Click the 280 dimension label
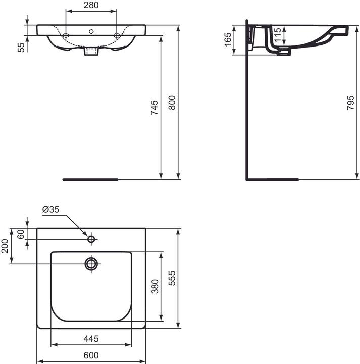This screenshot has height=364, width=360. [91, 6]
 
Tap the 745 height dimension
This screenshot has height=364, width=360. [155, 107]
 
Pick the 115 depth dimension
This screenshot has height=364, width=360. [277, 36]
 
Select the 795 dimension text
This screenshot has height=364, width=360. [351, 103]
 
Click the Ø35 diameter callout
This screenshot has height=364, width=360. [52, 209]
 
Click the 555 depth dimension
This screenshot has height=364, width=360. [172, 278]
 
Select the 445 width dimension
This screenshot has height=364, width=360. [91, 338]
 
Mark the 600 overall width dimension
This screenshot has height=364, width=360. [91, 355]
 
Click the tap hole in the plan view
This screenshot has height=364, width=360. [91, 238]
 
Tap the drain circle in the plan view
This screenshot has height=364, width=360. [91, 263]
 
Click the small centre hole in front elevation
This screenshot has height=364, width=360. [91, 31]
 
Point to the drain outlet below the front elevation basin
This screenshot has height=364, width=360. [91, 51]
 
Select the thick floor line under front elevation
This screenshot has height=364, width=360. [90, 179]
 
